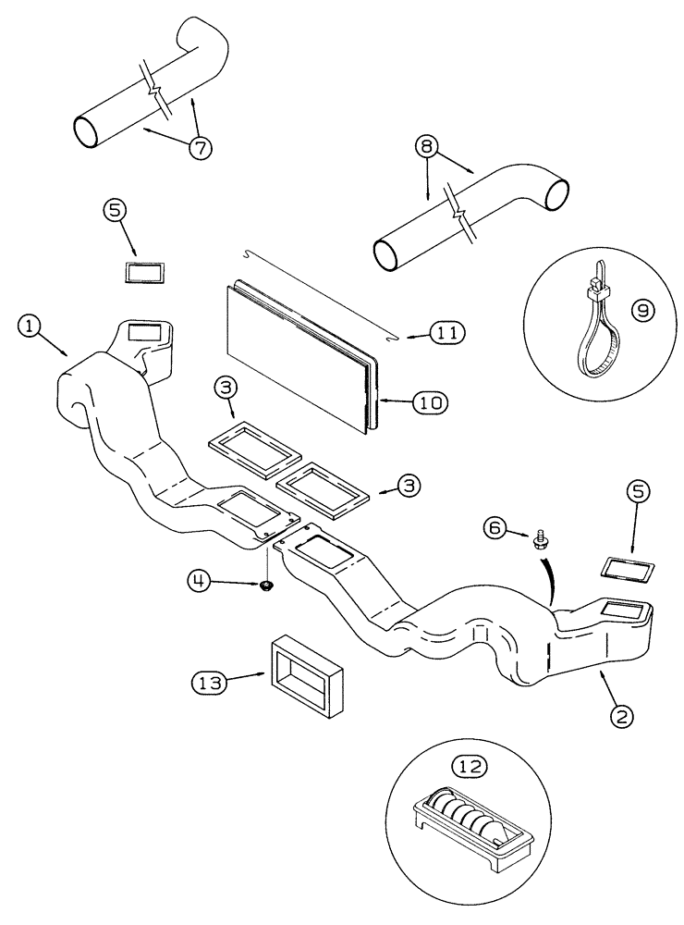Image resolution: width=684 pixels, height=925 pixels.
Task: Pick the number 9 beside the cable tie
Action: click(x=641, y=312)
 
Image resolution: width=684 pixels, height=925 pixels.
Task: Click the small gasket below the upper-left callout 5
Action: click(x=143, y=271)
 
